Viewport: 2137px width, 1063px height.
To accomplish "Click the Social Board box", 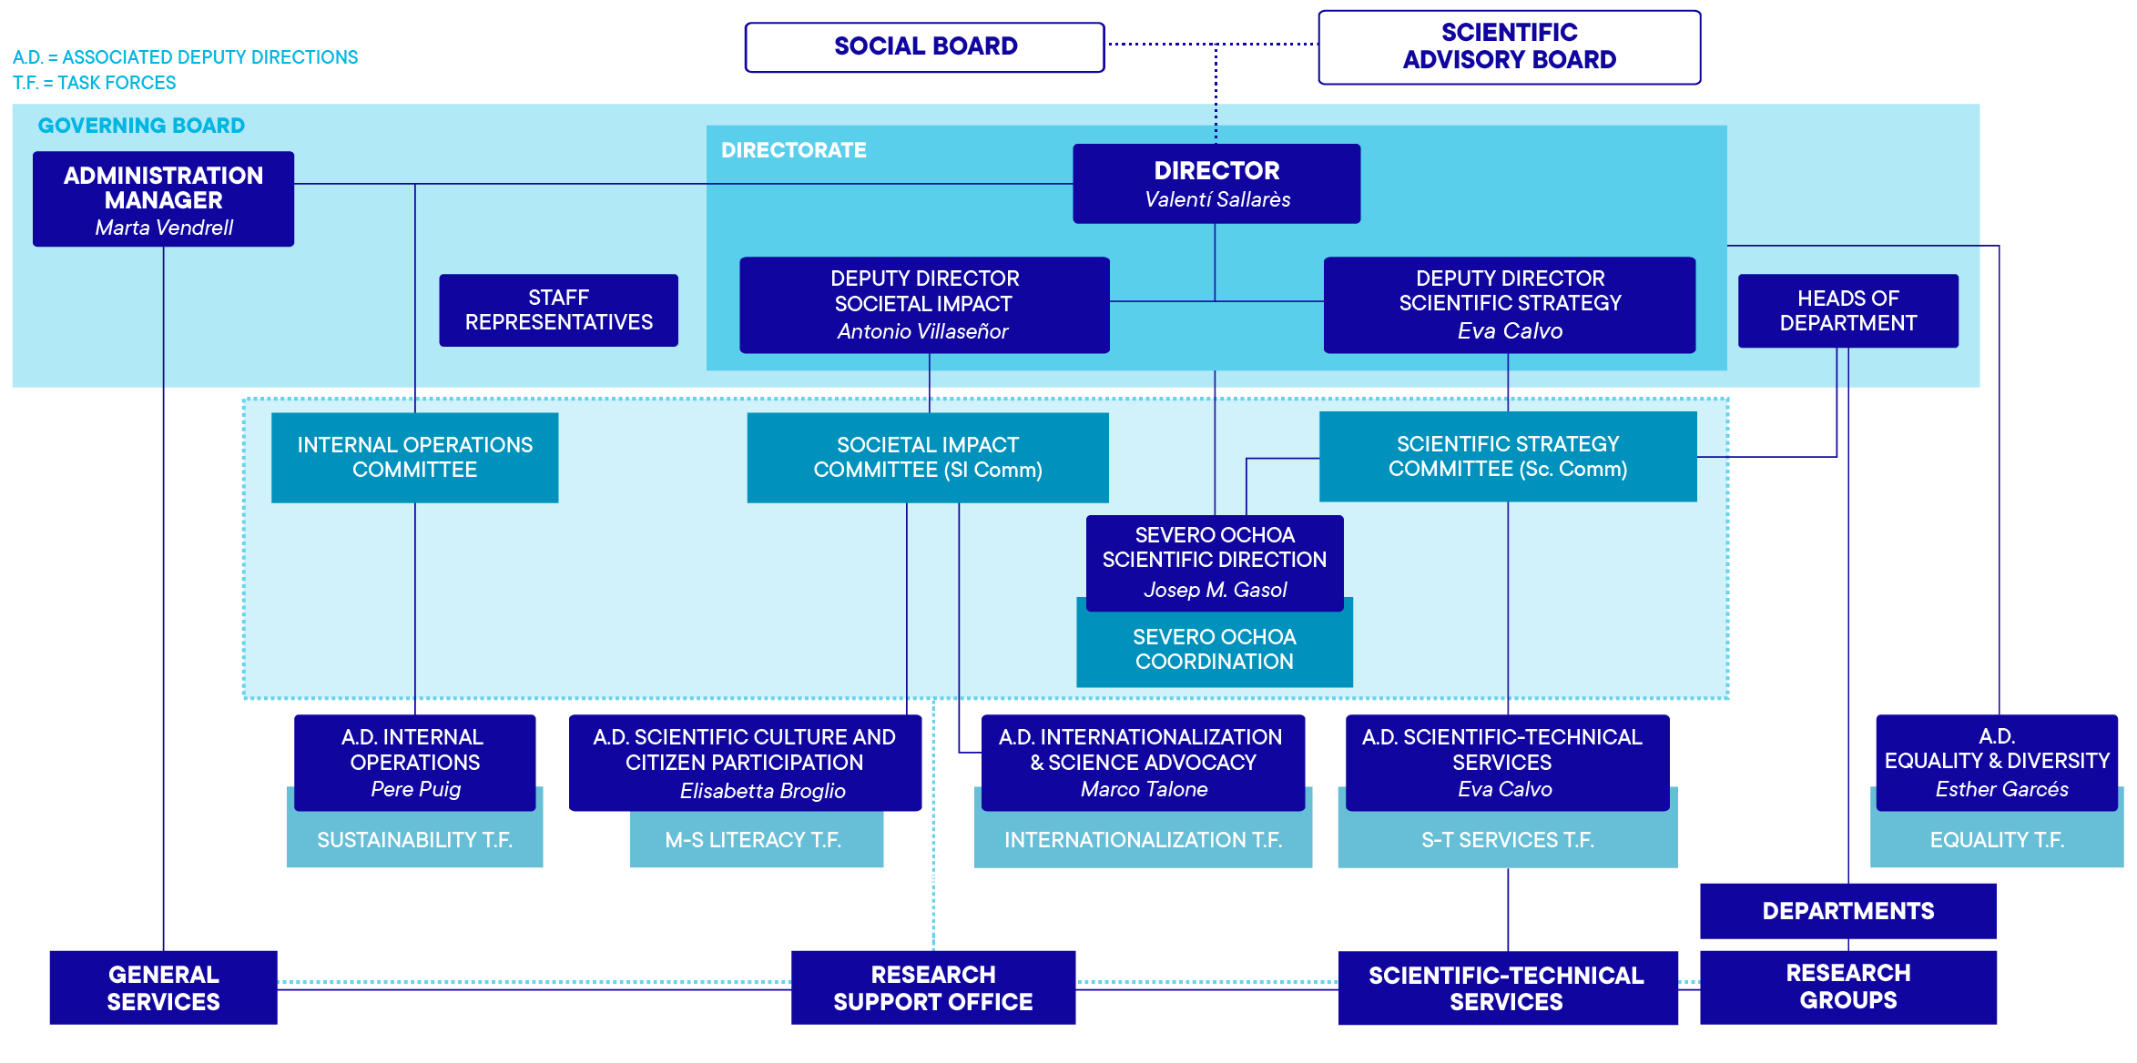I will (924, 46).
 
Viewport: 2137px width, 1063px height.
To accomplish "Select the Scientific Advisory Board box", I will (1509, 46).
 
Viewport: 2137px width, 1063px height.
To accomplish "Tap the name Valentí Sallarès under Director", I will (1216, 199).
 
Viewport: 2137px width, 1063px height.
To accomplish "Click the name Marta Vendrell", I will (164, 228).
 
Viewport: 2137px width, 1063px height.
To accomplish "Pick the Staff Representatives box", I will (558, 310).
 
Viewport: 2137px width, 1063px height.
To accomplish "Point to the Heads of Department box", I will (1847, 310).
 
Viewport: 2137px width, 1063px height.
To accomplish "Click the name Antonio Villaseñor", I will (922, 331).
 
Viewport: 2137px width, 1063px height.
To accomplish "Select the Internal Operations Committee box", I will (414, 457).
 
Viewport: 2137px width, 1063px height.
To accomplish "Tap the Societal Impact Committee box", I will (927, 457).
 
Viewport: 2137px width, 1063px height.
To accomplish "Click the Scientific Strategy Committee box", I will (1507, 456).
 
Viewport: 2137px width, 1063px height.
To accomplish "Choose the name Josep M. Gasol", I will (1215, 590).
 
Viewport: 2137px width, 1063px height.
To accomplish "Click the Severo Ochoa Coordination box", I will (1214, 649).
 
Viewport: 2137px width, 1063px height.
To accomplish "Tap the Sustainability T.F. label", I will (414, 840).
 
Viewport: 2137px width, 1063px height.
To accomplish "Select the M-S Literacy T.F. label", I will (753, 840).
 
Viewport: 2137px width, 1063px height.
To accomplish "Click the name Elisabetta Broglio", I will (762, 791).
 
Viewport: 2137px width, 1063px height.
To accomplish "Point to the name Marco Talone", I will (1144, 789).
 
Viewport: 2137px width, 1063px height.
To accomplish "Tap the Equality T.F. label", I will (1996, 840).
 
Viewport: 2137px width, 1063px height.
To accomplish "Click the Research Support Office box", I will (932, 987).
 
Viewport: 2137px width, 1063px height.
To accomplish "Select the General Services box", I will (163, 987).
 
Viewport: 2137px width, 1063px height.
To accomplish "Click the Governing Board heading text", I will (141, 126).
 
